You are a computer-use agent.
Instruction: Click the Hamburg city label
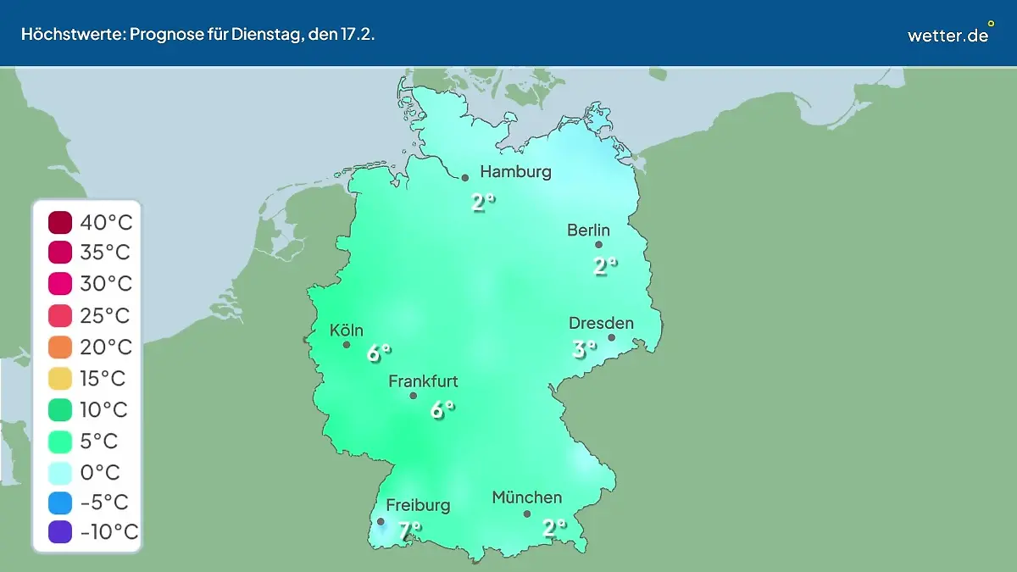515,172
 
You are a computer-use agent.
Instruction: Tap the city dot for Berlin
598,245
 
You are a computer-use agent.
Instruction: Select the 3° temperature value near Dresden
584,348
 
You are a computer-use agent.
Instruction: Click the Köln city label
347,330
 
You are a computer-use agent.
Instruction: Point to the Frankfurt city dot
414,396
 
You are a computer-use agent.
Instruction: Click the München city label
526,497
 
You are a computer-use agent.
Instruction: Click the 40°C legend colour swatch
60,222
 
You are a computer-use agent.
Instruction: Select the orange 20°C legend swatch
60,347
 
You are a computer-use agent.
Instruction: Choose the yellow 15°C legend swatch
60,379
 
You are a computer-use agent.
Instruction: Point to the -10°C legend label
108,532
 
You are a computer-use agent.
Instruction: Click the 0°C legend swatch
60,472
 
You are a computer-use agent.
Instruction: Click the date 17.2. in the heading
357,35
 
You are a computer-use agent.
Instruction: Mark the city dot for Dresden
611,337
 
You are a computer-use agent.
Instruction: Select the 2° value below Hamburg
483,203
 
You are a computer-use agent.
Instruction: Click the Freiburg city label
418,505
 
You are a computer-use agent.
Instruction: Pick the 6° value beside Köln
379,353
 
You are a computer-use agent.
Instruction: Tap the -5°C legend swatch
60,503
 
